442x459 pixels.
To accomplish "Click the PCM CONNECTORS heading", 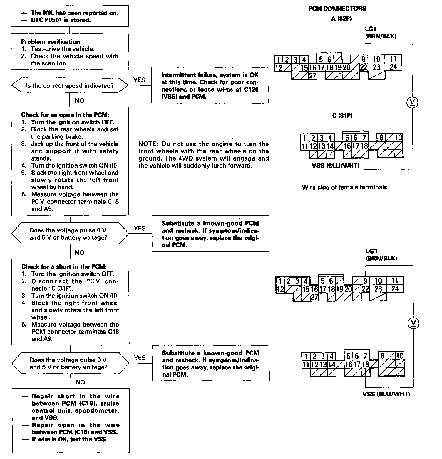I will click(x=337, y=9).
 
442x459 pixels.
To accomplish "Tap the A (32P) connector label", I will click(x=341, y=19).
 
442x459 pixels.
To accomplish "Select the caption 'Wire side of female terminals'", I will click(x=344, y=187).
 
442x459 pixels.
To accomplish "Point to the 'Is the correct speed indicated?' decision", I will click(x=70, y=86).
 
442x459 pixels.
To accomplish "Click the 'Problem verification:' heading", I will click(x=51, y=42).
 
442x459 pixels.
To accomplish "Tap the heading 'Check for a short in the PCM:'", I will click(x=64, y=266).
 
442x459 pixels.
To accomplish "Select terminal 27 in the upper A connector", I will click(x=312, y=76).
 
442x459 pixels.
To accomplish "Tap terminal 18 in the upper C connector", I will click(x=364, y=146).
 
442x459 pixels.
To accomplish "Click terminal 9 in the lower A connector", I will click(x=365, y=281).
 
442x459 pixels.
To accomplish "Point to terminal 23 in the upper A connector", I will click(x=376, y=67).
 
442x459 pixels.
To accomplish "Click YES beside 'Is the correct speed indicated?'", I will click(x=139, y=80).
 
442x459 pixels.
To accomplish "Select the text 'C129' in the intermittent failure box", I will click(x=251, y=89).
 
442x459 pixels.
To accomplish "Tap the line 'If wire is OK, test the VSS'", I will click(x=69, y=439).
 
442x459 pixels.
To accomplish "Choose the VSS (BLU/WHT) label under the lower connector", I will click(x=386, y=394).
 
